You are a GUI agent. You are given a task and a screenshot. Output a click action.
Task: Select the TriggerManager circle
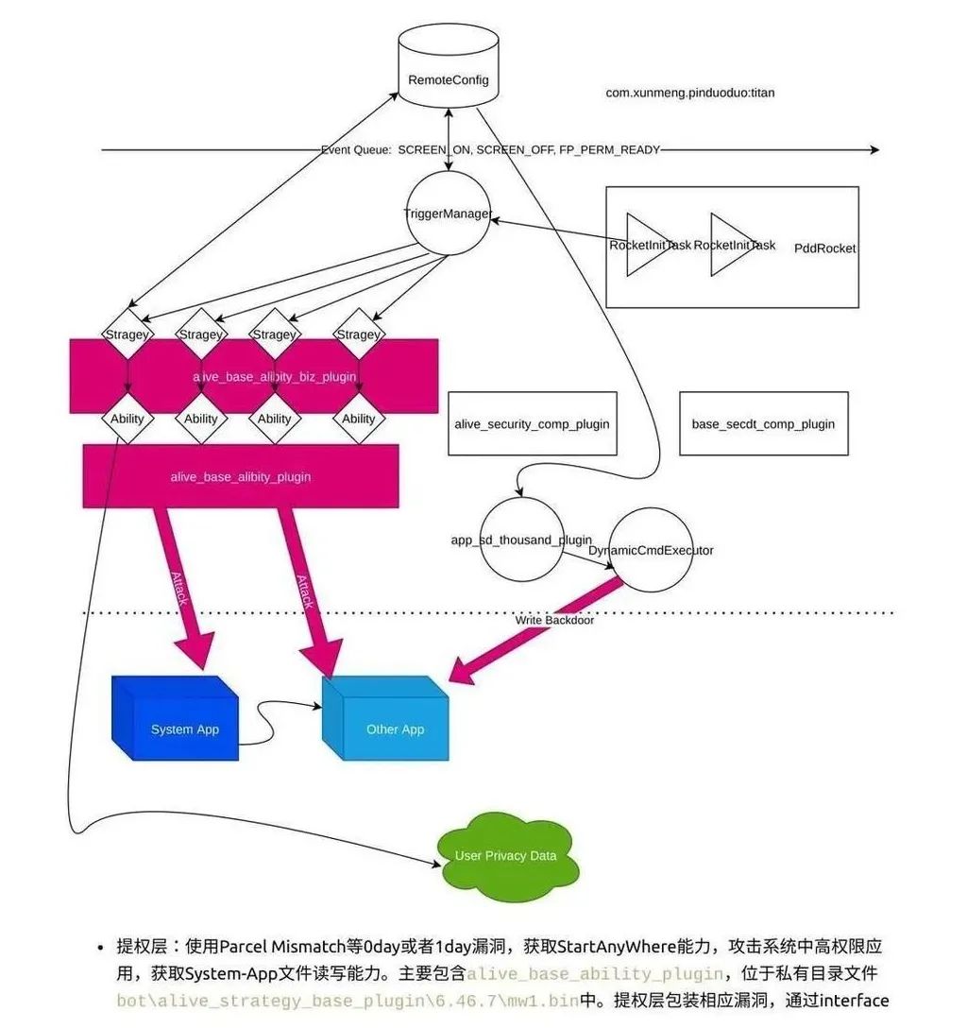pos(447,213)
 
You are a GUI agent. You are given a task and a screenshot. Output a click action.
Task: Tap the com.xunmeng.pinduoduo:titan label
pos(690,94)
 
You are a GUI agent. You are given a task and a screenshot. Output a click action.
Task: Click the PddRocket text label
pos(824,248)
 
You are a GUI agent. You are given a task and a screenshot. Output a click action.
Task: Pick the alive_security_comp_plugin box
pos(532,424)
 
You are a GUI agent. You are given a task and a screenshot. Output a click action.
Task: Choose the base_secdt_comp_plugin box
pos(763,424)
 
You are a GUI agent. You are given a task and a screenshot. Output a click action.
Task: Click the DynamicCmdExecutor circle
pos(651,550)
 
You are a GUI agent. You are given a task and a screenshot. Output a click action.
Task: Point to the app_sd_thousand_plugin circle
pos(521,540)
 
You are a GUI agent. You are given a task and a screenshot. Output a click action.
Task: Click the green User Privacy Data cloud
pos(505,855)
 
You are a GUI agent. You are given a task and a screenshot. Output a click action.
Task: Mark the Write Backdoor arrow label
pos(554,621)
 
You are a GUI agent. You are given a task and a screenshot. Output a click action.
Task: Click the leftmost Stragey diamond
pos(127,334)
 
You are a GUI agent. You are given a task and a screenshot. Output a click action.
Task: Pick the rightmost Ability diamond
pos(358,419)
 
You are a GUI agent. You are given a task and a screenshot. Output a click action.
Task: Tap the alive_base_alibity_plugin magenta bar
pos(241,477)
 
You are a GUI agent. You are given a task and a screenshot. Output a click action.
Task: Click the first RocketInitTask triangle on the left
pos(649,245)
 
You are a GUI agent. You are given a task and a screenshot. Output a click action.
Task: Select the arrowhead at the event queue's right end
pos(874,150)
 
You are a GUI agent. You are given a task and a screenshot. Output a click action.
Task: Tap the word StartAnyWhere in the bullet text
pos(604,947)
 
